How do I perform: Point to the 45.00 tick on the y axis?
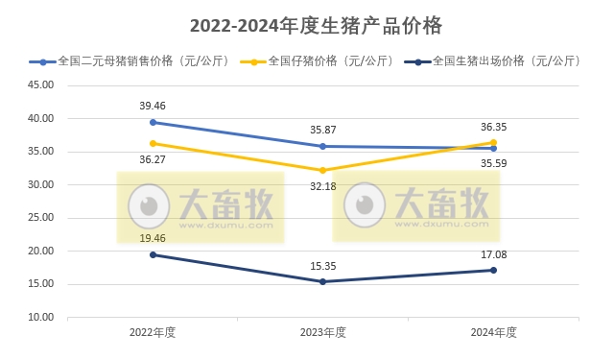(x=39, y=85)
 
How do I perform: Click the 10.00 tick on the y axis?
(x=39, y=317)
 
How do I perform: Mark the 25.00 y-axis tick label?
(x=39, y=218)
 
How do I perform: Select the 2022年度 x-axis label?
(x=153, y=332)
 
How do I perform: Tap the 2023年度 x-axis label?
(x=322, y=332)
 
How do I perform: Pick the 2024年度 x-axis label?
(x=493, y=332)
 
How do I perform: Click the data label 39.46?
(x=153, y=106)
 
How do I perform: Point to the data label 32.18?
(x=323, y=186)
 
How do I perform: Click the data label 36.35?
(x=493, y=126)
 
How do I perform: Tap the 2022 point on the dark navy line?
(x=153, y=254)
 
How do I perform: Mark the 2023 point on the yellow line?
(x=322, y=170)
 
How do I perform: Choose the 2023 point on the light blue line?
(x=322, y=146)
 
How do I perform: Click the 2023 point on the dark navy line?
(x=322, y=281)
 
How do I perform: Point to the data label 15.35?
(x=323, y=265)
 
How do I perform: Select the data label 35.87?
(x=323, y=129)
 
